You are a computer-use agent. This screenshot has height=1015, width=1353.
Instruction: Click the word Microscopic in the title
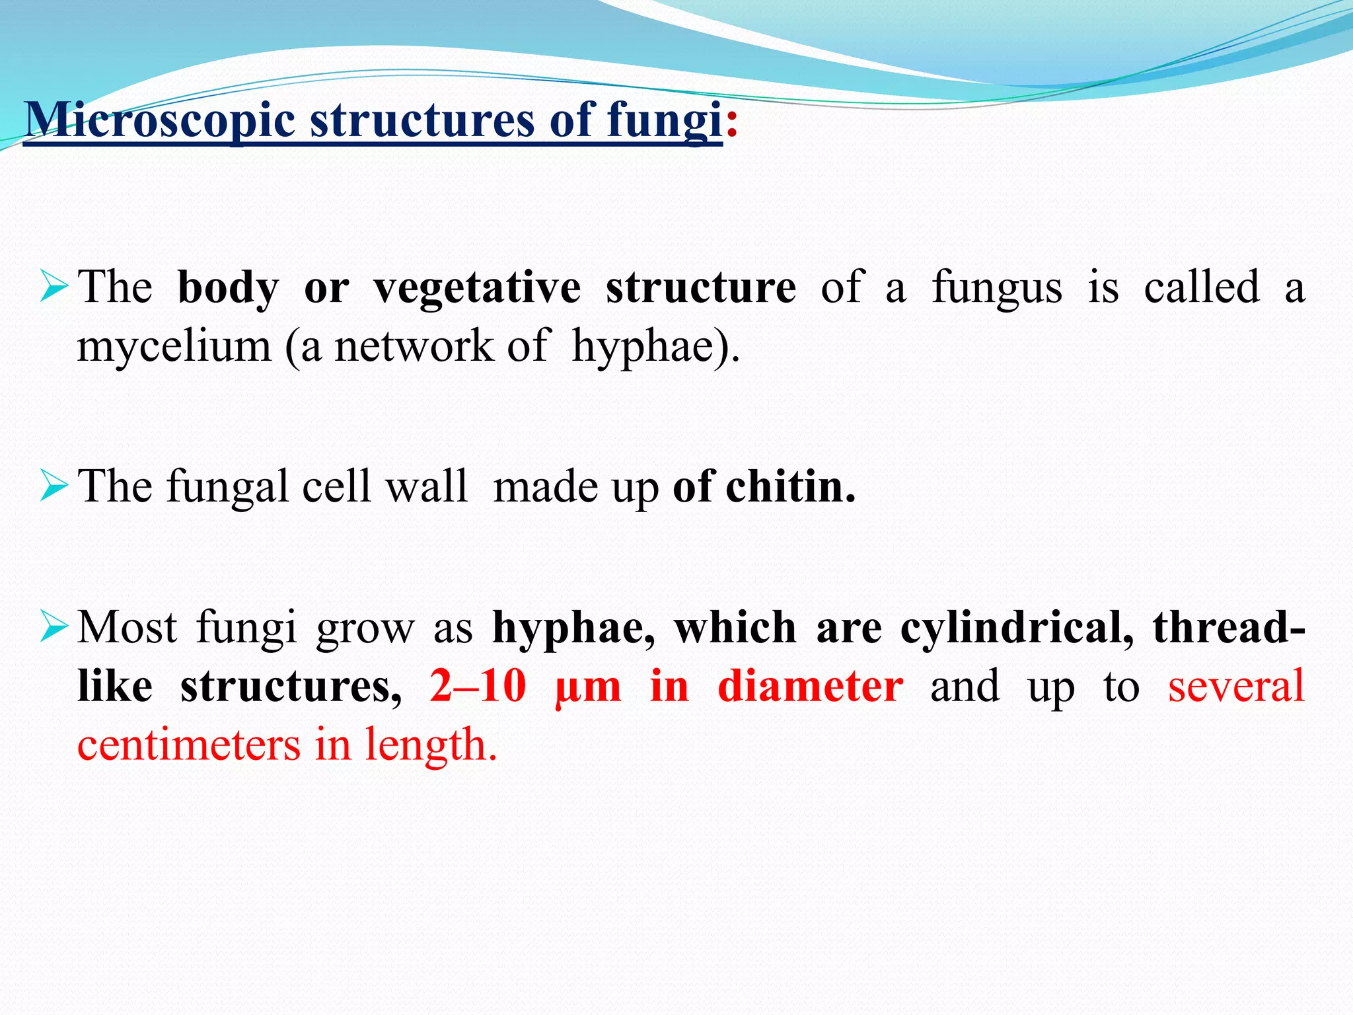[159, 120]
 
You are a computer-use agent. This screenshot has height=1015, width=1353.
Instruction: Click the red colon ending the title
[731, 123]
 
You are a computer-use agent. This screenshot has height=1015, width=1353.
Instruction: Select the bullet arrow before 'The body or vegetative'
[54, 287]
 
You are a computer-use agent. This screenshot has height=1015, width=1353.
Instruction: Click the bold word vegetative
[477, 288]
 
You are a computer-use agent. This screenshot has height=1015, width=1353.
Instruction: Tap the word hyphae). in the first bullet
[655, 346]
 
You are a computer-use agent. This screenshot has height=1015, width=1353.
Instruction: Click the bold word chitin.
[790, 486]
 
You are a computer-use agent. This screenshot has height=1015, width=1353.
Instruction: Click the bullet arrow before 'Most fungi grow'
[54, 626]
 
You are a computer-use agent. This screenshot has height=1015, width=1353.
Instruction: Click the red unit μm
[588, 687]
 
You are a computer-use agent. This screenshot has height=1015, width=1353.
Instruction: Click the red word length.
[430, 745]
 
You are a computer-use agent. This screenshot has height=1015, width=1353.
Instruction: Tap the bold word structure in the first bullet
[700, 288]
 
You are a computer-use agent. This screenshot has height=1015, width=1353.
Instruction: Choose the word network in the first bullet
[414, 346]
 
